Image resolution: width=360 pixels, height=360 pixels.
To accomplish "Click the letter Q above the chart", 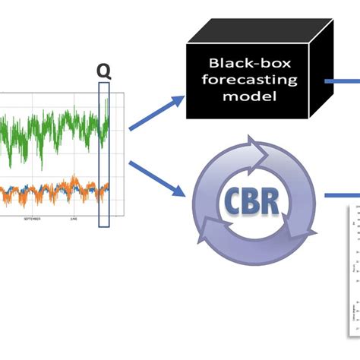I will pos(103,70).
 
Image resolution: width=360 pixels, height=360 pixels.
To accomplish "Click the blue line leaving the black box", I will pos(342,80).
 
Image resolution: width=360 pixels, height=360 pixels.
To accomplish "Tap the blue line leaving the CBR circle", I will pos(342,195).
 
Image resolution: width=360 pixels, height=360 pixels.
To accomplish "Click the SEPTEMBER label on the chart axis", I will pos(32,218).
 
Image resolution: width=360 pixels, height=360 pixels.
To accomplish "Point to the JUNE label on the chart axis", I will pos(74,218).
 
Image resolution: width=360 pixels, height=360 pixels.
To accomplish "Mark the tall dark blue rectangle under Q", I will pos(104,152).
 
